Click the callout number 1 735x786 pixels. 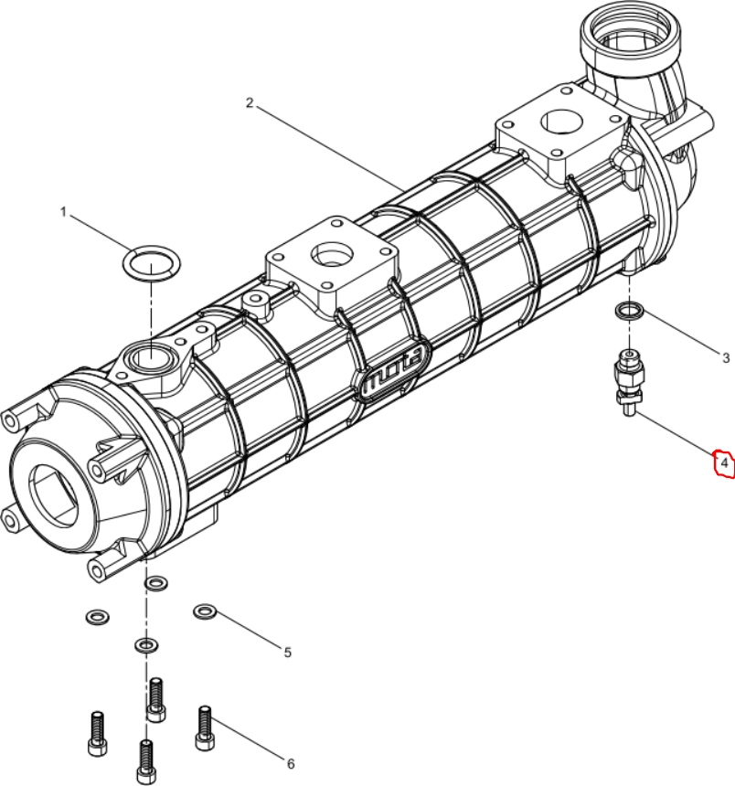pyautogui.click(x=63, y=212)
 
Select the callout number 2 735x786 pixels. pyautogui.click(x=250, y=102)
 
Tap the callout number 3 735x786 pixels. pyautogui.click(x=726, y=358)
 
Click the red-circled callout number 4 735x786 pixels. pyautogui.click(x=724, y=463)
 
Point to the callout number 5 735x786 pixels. pyautogui.click(x=287, y=653)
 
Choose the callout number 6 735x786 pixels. pyautogui.click(x=291, y=763)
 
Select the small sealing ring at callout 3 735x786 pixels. pyautogui.click(x=630, y=311)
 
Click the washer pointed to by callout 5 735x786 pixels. pyautogui.click(x=205, y=611)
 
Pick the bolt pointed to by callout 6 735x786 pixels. pyautogui.click(x=204, y=728)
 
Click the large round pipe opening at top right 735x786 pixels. pyautogui.click(x=630, y=30)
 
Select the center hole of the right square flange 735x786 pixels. pyautogui.click(x=562, y=121)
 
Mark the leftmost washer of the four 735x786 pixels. pyautogui.click(x=98, y=616)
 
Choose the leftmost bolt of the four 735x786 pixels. pyautogui.click(x=97, y=733)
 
